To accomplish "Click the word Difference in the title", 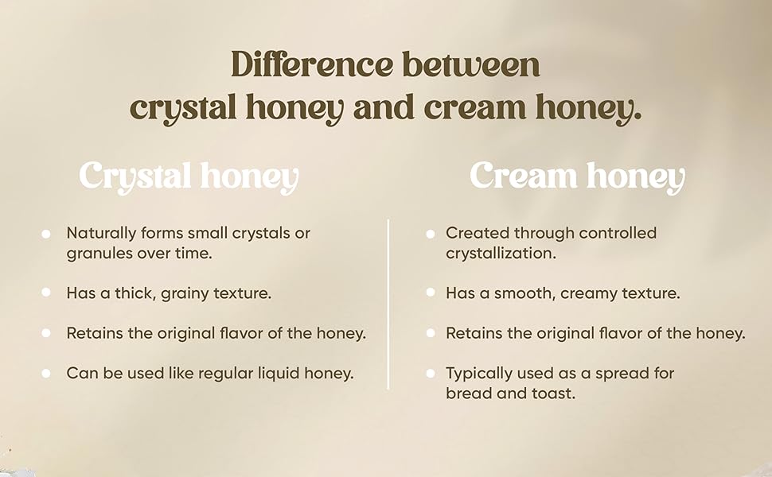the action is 312,64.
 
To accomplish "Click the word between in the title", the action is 471,64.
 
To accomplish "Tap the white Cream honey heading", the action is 577,176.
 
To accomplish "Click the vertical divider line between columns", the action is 388,304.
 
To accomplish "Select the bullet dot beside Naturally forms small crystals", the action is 46,234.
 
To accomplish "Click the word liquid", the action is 279,373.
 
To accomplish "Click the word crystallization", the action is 501,254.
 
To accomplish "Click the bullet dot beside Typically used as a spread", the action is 431,374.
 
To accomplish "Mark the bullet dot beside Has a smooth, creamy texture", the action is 431,293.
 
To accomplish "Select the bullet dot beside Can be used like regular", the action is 46,374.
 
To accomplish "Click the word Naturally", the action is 101,234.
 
